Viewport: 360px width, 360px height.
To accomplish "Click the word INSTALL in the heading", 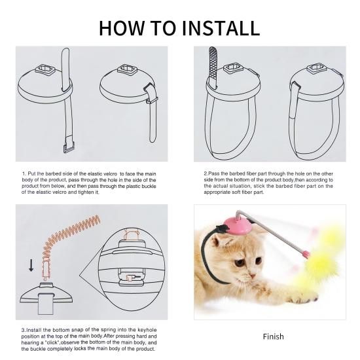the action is coord(221,28).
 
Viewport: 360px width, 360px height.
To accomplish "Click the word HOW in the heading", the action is coord(121,28).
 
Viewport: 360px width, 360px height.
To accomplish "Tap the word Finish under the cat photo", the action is coord(273,336).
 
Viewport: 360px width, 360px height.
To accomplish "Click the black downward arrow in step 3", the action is coord(31,266).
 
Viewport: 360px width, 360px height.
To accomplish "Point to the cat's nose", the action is coord(252,276).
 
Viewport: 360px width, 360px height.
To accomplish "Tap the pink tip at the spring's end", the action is coord(306,255).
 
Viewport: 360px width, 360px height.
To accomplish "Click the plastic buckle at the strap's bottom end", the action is coord(69,147).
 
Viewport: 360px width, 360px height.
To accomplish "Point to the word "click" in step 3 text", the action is coord(53,342).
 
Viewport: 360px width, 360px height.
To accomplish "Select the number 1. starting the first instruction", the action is coord(24,174).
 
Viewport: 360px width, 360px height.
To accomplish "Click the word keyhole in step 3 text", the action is coord(147,330).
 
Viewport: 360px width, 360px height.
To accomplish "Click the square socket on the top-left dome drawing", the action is coord(45,69).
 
